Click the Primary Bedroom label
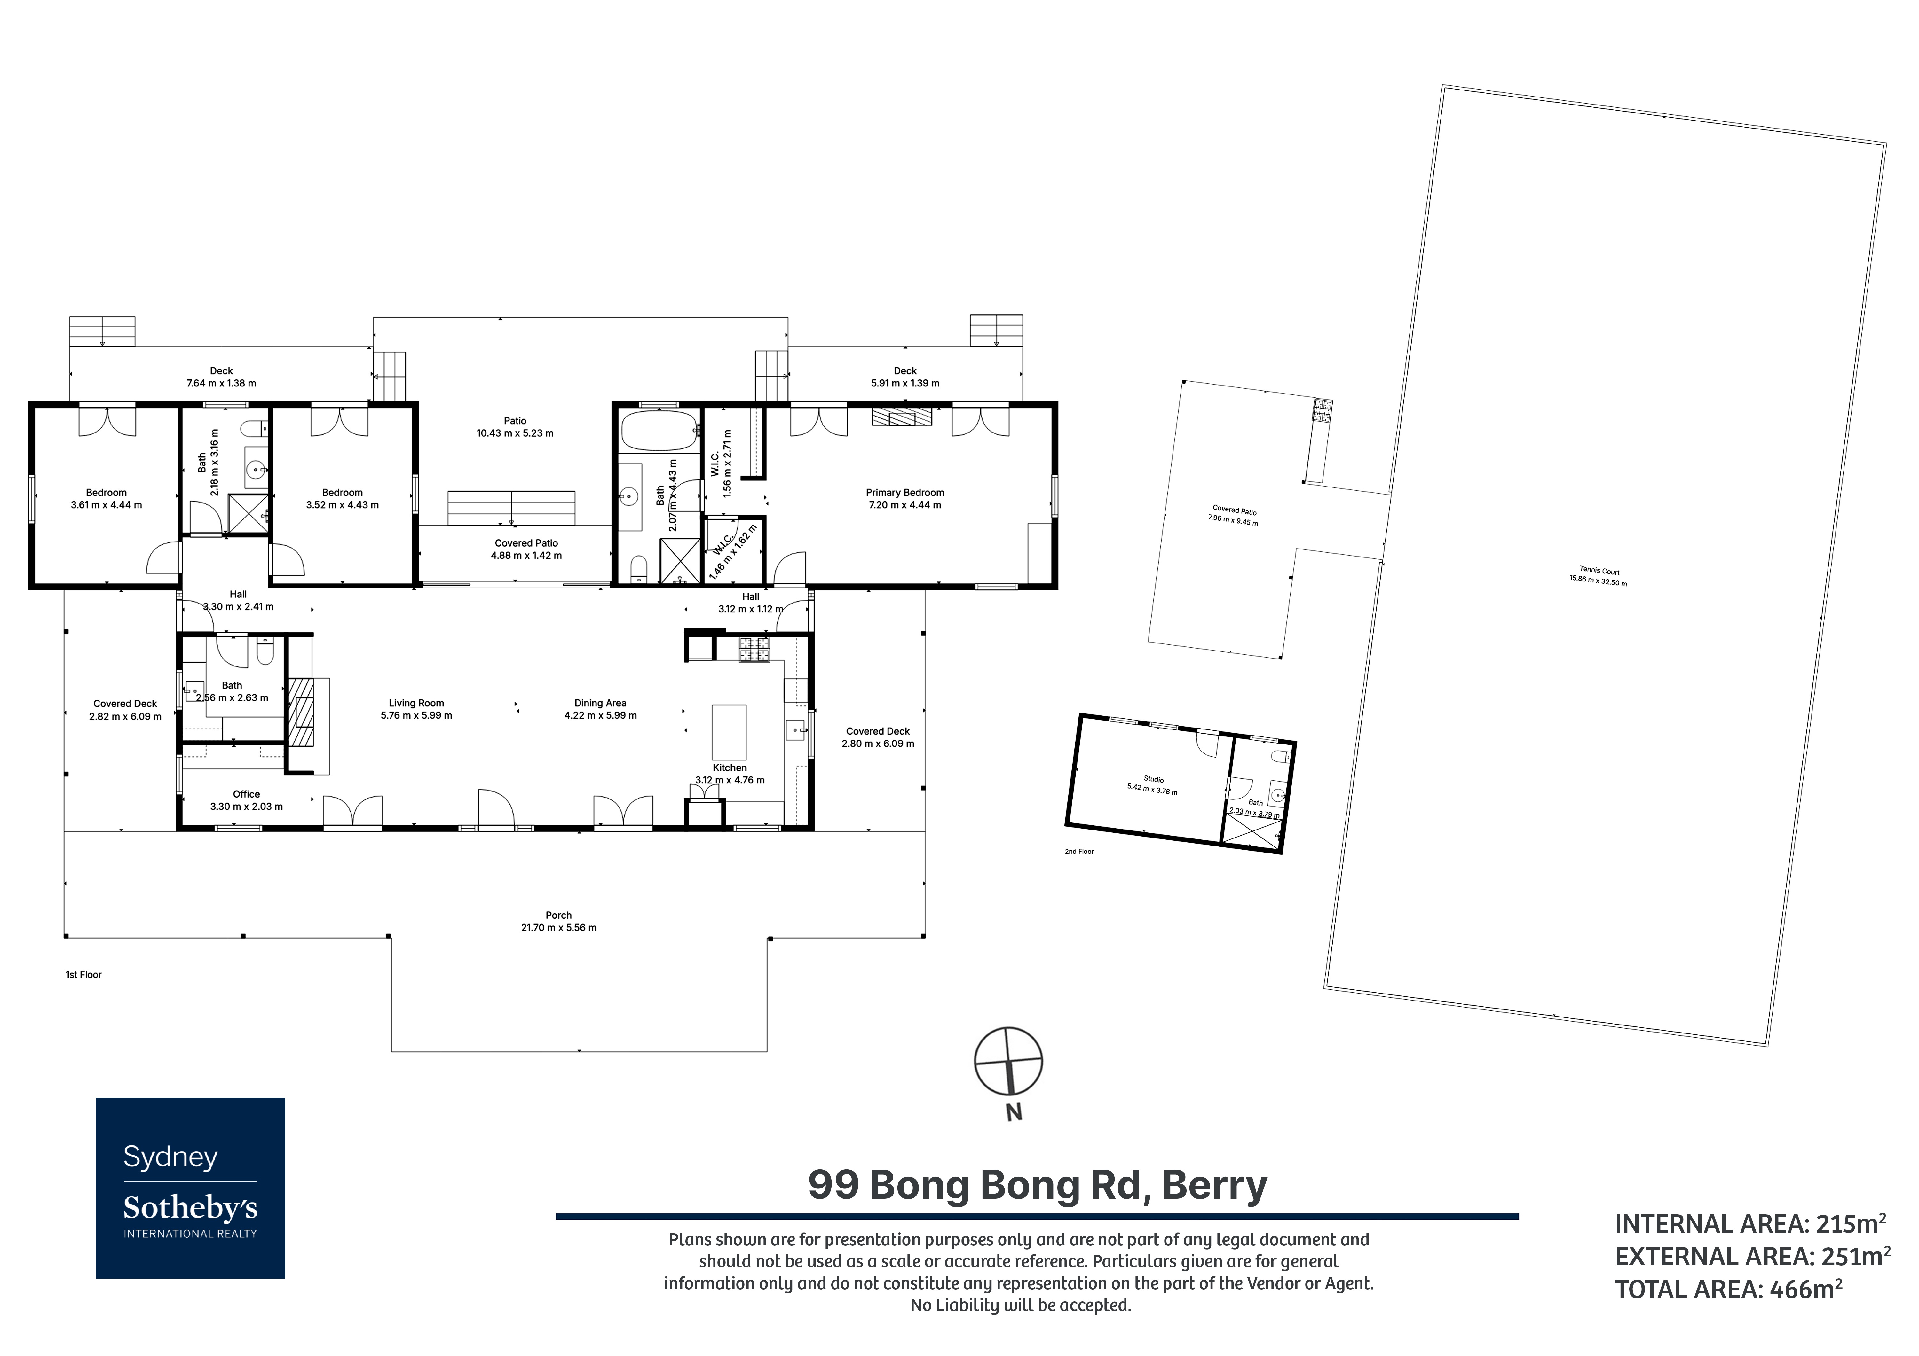(905, 493)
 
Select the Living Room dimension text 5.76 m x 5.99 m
(416, 716)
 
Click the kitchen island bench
(729, 732)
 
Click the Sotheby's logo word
(191, 1208)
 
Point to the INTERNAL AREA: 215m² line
(1750, 1224)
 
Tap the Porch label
(559, 916)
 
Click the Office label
(247, 795)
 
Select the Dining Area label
(600, 704)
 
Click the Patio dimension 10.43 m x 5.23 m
(515, 433)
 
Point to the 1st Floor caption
(83, 975)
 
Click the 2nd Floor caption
(1079, 851)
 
